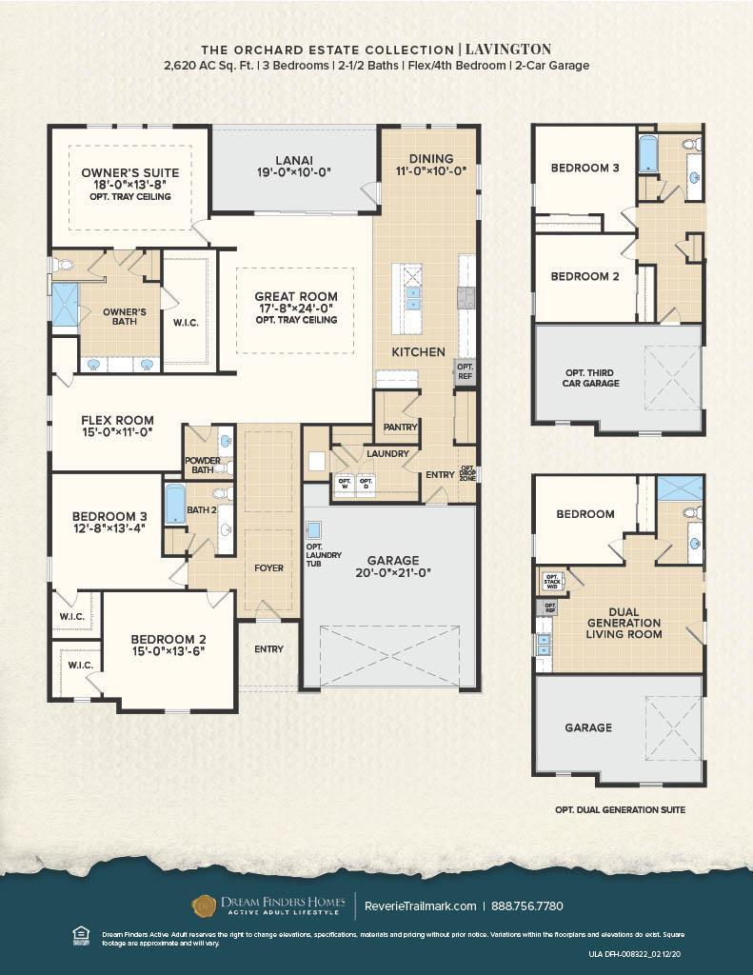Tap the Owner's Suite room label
(129, 172)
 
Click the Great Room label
(296, 297)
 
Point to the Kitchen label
(418, 352)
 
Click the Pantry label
(401, 428)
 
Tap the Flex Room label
(117, 420)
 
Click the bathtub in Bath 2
(175, 504)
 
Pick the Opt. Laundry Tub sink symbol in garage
(314, 530)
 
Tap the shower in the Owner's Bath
(64, 304)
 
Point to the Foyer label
(268, 568)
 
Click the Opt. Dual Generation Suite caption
(620, 810)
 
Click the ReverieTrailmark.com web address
(421, 905)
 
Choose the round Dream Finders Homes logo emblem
(204, 905)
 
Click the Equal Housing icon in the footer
(80, 935)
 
